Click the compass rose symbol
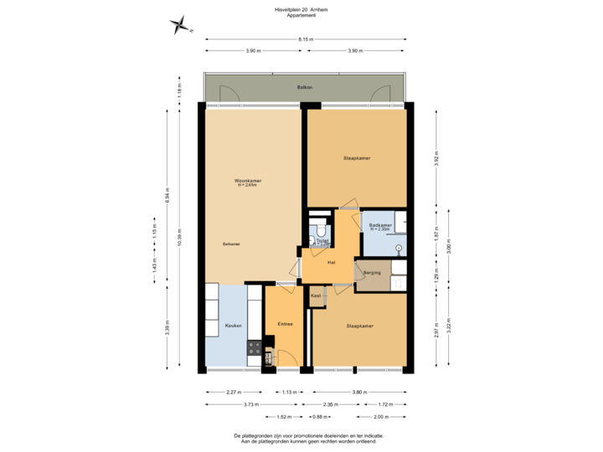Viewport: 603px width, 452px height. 178,24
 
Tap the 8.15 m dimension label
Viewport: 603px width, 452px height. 305,39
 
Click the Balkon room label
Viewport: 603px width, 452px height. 304,87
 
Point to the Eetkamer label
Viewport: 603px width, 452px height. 232,244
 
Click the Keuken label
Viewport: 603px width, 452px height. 234,325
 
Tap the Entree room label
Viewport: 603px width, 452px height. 285,325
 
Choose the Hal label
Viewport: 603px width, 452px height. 332,263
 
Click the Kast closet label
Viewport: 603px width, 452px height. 316,295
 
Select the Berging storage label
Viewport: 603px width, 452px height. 373,273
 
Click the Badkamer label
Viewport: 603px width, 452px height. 381,226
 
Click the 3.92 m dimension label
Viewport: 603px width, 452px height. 436,159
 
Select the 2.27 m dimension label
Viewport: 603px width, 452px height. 234,391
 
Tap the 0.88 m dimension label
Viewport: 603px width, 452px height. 319,416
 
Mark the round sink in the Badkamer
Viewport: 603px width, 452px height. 398,248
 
